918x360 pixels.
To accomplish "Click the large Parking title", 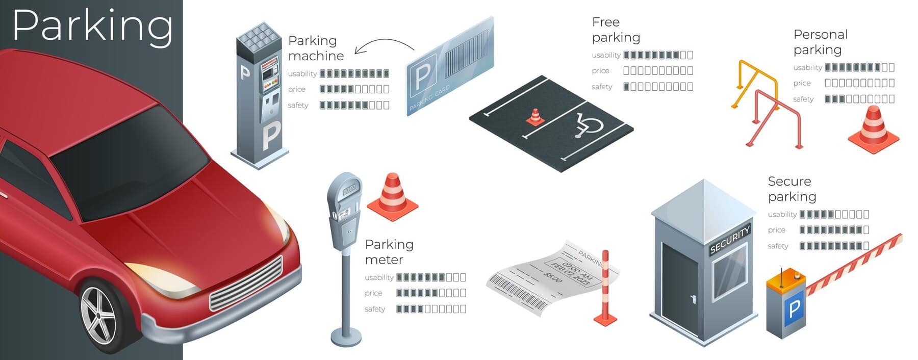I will coord(92,25).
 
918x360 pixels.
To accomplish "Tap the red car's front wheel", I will coord(99,314).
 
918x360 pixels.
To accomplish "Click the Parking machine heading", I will coord(316,48).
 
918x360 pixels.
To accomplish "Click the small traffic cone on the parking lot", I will coord(535,117).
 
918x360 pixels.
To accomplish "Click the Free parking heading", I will coord(616,30).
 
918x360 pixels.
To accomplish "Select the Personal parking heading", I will coord(820,42).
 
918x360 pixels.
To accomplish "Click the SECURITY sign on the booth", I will coord(730,239).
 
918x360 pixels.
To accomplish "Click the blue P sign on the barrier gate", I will coord(794,309).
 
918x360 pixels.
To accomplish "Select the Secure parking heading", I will coord(792,189).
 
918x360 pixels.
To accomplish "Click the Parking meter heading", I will coord(389,252).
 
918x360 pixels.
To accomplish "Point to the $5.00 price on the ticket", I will coord(553,277).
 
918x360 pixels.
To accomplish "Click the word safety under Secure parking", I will coord(778,246).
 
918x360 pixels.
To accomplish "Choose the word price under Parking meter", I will coord(373,293).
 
